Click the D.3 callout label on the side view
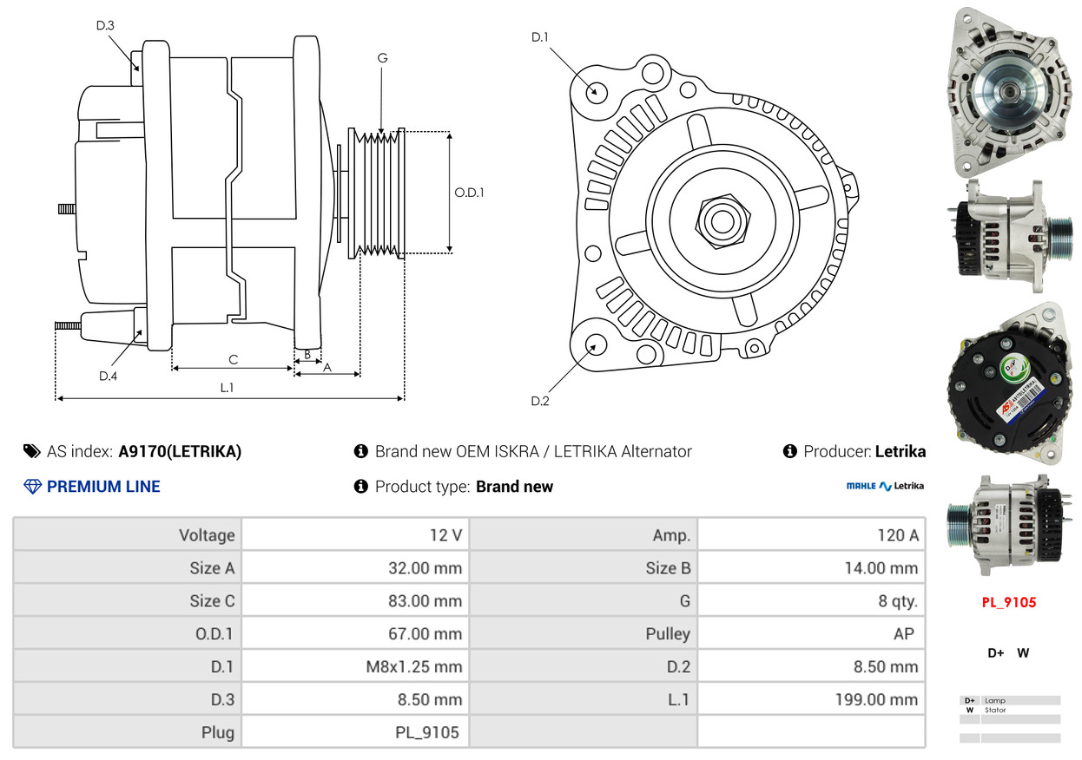(105, 25)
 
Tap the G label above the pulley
(383, 58)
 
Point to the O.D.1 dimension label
(469, 193)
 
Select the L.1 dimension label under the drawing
(227, 388)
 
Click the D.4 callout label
(109, 376)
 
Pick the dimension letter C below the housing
(234, 359)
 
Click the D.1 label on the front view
(540, 37)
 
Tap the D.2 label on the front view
(540, 401)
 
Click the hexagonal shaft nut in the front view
(722, 221)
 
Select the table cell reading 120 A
(898, 535)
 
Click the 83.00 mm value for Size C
(426, 600)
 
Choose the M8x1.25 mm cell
(414, 666)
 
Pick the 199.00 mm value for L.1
(877, 699)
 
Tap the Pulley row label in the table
(668, 633)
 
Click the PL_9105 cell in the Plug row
(427, 732)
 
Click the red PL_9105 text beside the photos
(1009, 602)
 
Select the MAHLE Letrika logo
(885, 486)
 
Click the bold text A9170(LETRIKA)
(180, 451)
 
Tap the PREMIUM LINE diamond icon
(32, 487)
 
